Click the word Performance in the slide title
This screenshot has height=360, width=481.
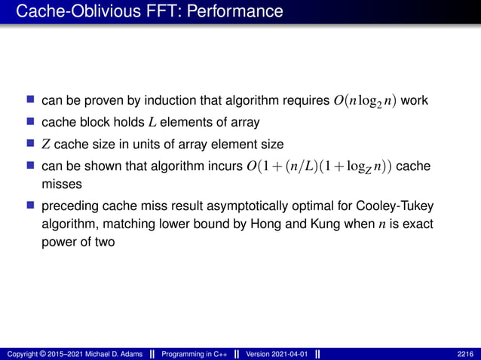tap(240, 12)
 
